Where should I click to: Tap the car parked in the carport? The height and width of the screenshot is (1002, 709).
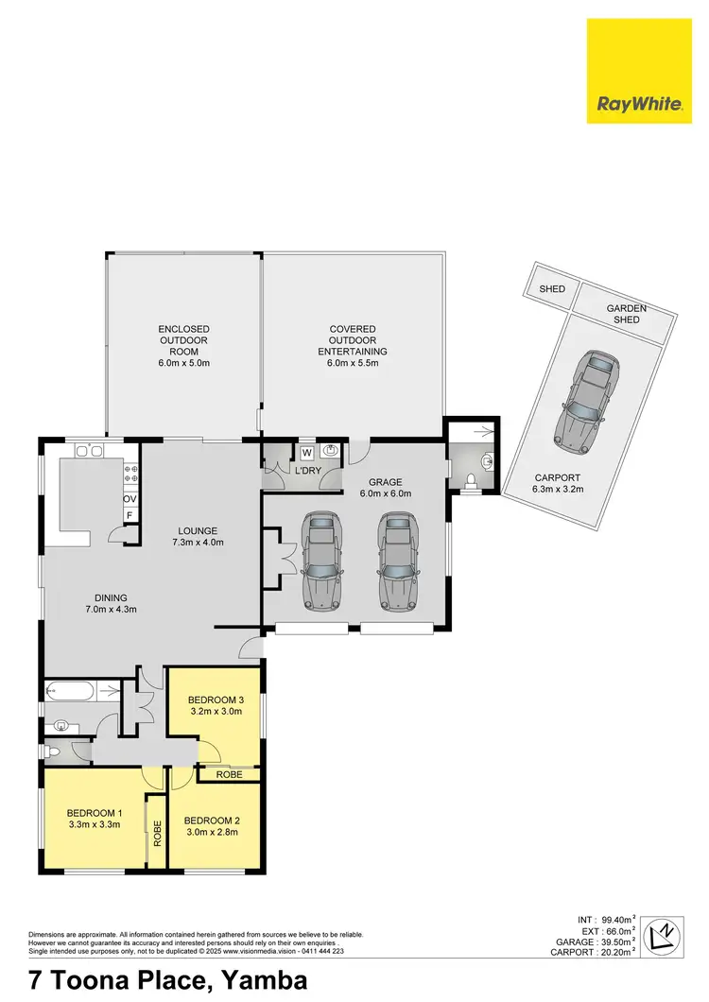point(585,400)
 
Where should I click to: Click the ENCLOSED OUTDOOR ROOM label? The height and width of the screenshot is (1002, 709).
point(183,345)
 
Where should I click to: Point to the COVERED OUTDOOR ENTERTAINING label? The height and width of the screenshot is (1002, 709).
point(353,345)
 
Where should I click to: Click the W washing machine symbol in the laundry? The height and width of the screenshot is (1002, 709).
point(306,451)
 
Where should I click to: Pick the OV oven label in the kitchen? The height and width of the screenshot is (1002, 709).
point(130,498)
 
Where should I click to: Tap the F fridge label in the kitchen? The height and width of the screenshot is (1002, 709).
point(130,515)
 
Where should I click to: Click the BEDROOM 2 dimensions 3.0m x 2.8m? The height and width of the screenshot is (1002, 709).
point(211,832)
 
